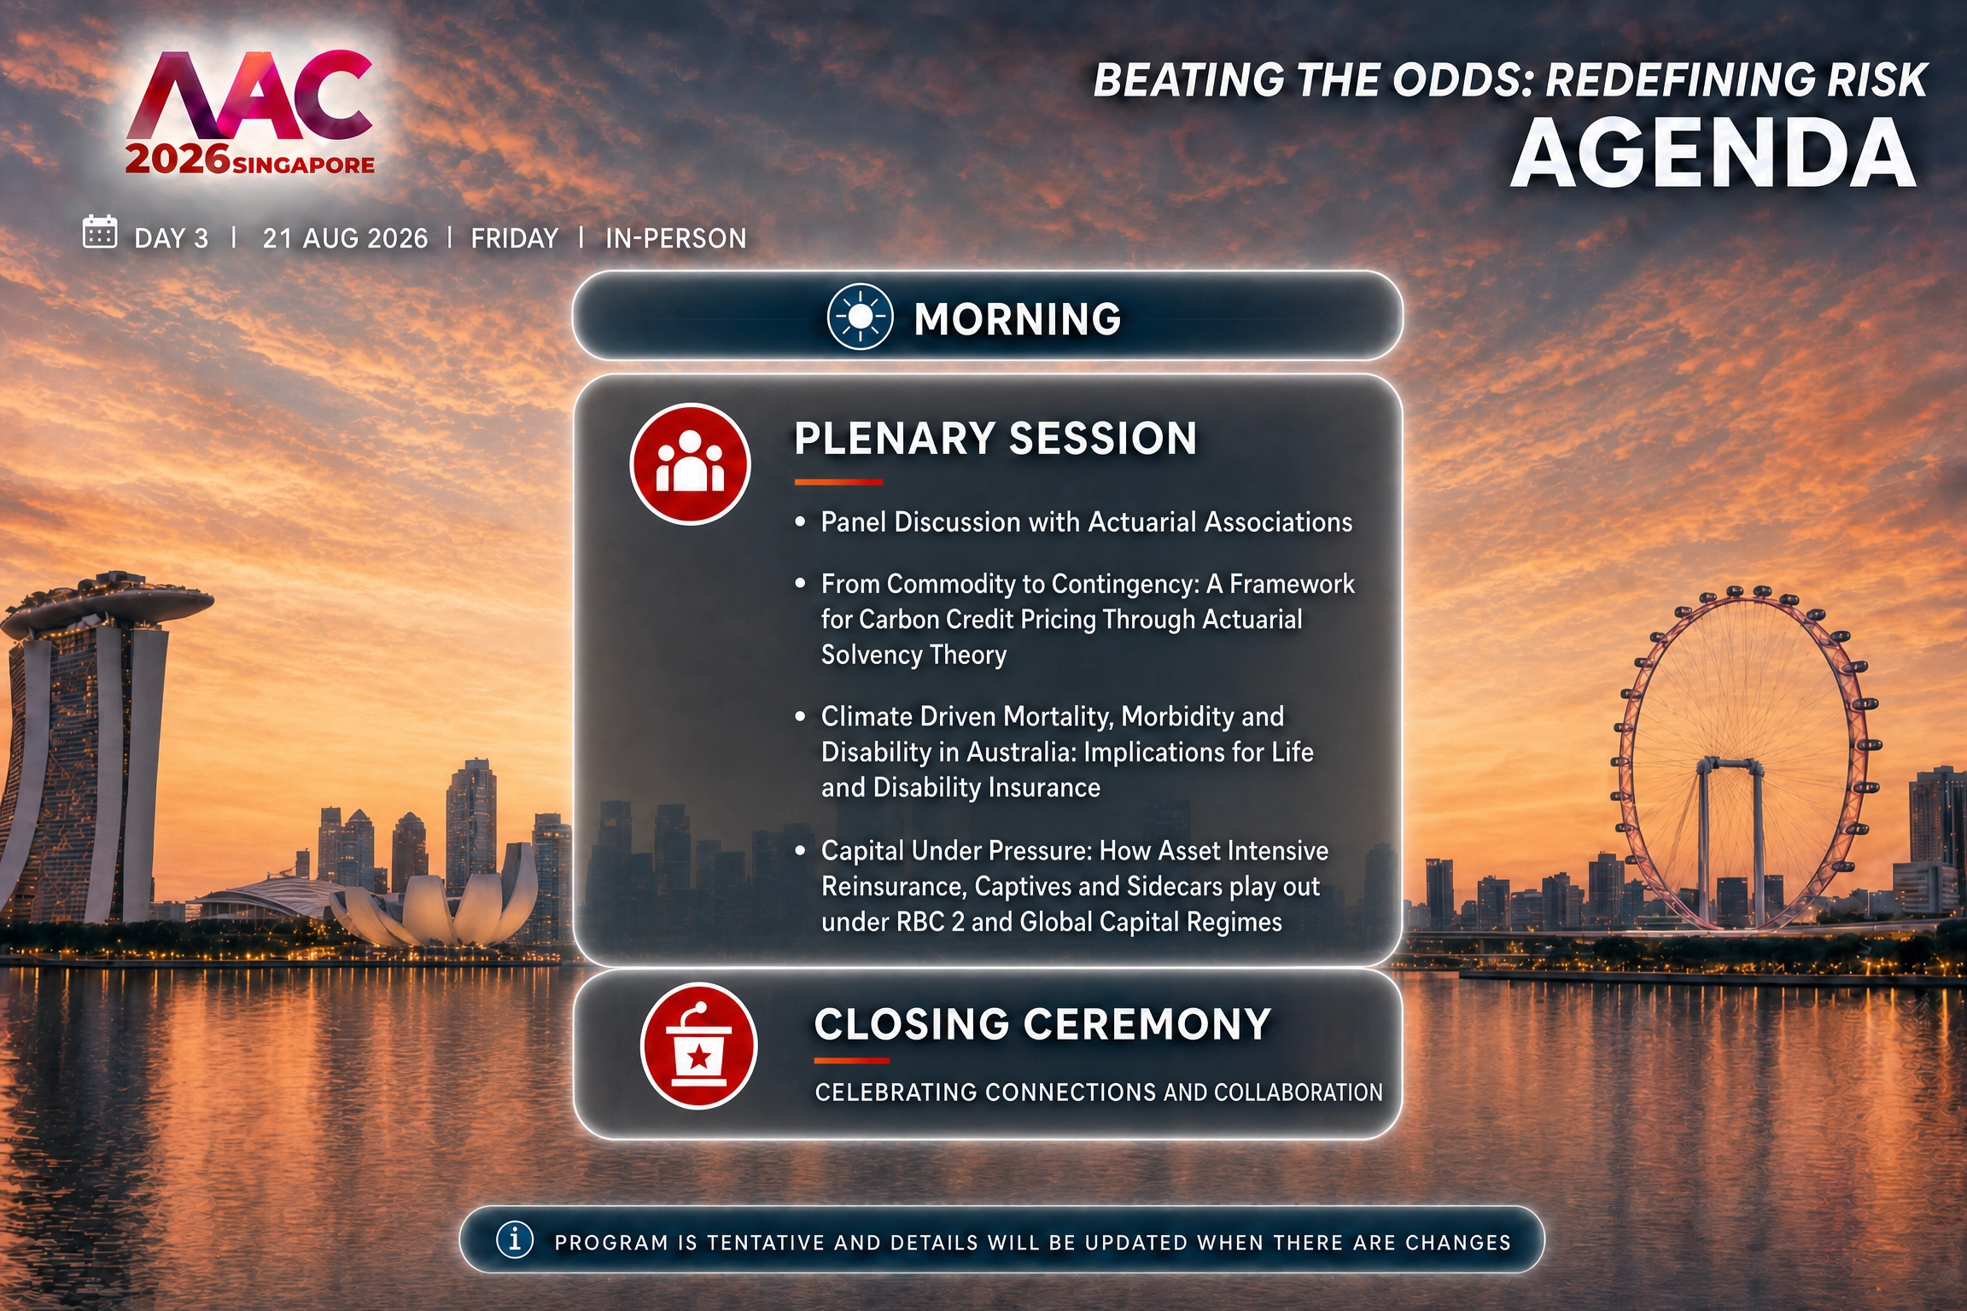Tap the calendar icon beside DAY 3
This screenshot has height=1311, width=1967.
click(99, 231)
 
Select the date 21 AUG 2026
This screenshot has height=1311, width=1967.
click(345, 238)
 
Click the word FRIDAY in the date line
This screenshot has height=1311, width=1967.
click(515, 238)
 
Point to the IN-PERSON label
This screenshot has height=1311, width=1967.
click(676, 238)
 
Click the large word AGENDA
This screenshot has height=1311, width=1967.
click(1714, 154)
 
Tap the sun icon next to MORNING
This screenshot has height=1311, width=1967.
click(860, 317)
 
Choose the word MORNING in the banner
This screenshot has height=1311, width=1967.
click(1018, 319)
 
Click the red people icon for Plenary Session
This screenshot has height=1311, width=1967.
click(690, 463)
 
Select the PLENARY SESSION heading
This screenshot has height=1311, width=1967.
click(995, 439)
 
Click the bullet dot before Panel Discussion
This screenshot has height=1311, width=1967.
click(800, 521)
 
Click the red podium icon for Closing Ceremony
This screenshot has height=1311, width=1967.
click(698, 1046)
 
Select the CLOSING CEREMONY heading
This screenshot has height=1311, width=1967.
click(1042, 1024)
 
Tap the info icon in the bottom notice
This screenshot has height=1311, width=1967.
click(515, 1238)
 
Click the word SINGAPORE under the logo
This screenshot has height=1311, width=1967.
click(303, 165)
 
